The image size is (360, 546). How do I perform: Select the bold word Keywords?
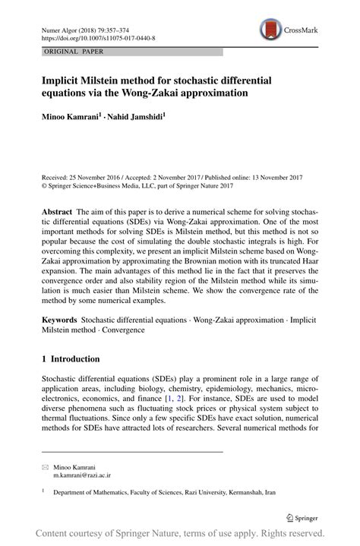click(59, 322)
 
